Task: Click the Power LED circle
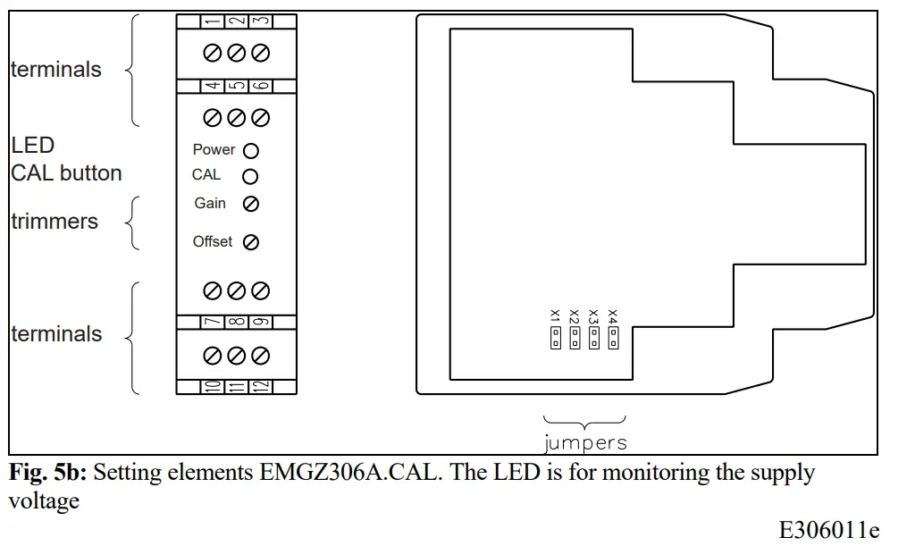coord(251,151)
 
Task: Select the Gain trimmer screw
coord(251,204)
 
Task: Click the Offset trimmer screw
coord(251,241)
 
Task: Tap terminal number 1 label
coord(213,21)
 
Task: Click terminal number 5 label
coord(236,87)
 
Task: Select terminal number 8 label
coord(236,323)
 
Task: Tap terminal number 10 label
coord(213,387)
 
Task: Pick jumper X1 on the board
coord(556,338)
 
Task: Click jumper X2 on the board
coord(575,338)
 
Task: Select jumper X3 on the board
coord(594,338)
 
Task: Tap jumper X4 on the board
coord(613,338)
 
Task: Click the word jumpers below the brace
coord(585,442)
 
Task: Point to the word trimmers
coord(55,222)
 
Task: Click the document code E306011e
coord(829,530)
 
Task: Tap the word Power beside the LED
coord(214,150)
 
